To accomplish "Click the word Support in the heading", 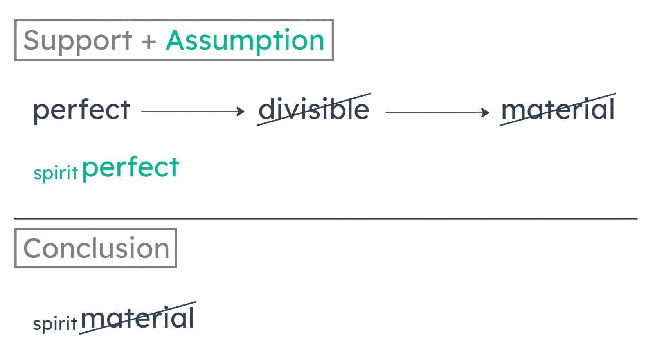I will (x=77, y=41).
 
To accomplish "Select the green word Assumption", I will (x=245, y=41).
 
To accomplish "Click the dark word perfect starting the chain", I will (x=81, y=111).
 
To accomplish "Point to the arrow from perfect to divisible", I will (x=192, y=112).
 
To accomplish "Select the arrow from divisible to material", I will (x=436, y=113).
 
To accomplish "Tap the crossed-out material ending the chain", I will (x=558, y=110).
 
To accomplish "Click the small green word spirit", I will (x=56, y=173).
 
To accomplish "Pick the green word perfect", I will (x=131, y=169).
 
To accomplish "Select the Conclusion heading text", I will (x=96, y=248).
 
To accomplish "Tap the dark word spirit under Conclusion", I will (x=55, y=324).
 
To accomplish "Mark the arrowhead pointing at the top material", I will (x=486, y=113).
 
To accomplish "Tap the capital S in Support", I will (x=32, y=40).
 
